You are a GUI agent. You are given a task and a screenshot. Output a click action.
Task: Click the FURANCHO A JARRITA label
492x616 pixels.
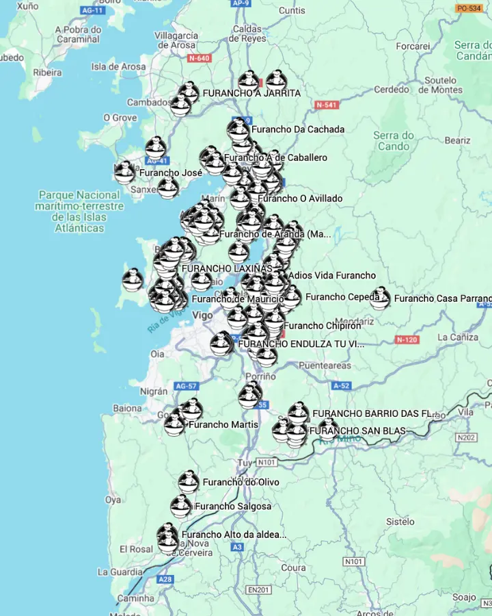(251, 93)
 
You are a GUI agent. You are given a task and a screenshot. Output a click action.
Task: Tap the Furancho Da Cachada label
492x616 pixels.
(298, 129)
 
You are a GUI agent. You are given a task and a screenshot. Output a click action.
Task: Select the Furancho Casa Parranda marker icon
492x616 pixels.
(380, 298)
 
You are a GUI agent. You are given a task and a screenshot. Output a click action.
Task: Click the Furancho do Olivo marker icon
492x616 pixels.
(189, 482)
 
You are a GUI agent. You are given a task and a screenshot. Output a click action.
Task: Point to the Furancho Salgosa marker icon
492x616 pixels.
(181, 506)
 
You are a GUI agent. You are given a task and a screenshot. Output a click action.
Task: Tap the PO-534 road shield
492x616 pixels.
(469, 8)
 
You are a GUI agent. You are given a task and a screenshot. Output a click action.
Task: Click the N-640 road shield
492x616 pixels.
(199, 58)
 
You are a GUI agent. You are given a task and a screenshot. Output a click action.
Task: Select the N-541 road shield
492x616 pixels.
(327, 105)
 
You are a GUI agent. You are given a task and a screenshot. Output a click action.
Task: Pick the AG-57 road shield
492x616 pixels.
(186, 386)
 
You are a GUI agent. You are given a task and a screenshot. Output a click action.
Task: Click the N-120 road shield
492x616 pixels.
(407, 339)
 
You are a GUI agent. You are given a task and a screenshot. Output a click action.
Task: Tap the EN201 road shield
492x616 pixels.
(259, 589)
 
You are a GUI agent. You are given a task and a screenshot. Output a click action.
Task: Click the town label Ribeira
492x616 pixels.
(47, 72)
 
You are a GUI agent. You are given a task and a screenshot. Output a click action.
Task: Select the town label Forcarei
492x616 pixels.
(413, 46)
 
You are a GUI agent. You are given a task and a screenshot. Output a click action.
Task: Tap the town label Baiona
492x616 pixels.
(128, 408)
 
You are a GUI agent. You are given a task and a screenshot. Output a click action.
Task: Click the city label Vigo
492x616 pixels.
(202, 316)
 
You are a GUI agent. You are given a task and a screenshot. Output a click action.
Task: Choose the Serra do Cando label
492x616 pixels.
(394, 141)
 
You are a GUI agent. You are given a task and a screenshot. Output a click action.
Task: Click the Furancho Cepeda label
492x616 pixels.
(342, 297)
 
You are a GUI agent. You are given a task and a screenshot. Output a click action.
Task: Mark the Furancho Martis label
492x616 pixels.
(223, 424)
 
